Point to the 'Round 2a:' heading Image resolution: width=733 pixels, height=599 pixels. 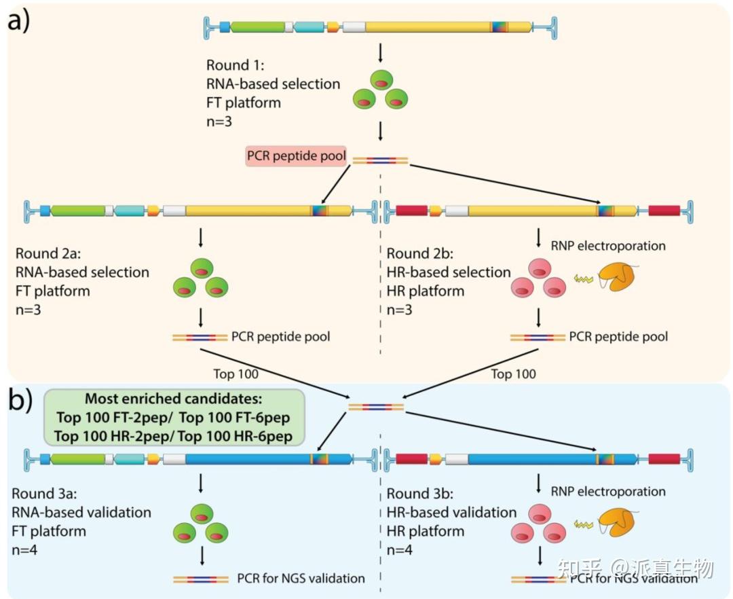[47, 253]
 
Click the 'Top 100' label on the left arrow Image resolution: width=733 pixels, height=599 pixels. [236, 374]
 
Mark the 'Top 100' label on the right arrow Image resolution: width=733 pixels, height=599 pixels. [513, 374]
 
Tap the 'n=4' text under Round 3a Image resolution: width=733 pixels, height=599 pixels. [26, 549]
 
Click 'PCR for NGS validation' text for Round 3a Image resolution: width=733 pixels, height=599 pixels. [301, 579]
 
